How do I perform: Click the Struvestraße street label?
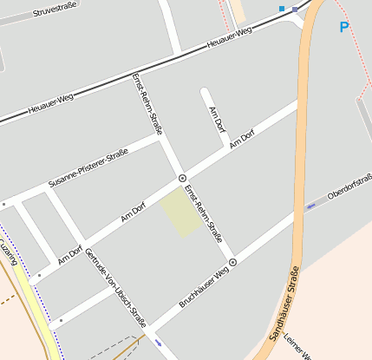(x=55, y=10)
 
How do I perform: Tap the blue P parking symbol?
(x=344, y=28)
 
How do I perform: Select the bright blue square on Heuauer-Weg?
(x=281, y=9)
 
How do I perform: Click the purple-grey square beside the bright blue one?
(x=295, y=9)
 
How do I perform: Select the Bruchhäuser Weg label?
(x=203, y=286)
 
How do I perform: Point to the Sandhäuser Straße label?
(x=284, y=304)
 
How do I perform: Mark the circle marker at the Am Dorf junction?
(x=182, y=178)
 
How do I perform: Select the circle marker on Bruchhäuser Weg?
(x=232, y=261)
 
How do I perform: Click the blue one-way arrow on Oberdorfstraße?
(x=311, y=206)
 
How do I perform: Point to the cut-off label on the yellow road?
(x=8, y=254)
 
